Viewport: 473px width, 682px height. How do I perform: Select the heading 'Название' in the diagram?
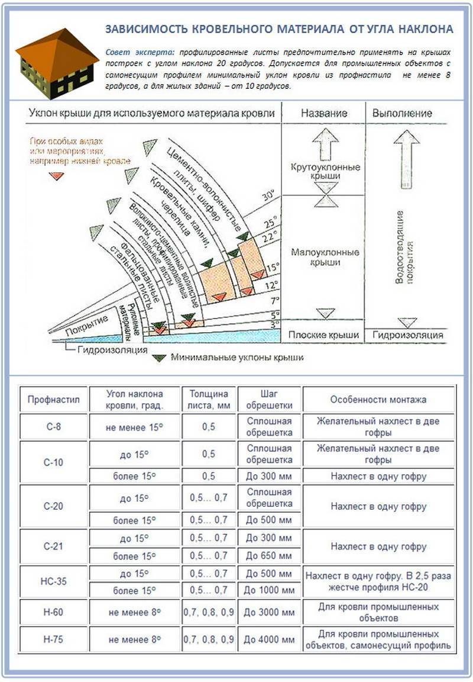323,113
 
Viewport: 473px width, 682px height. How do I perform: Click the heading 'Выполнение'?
407,113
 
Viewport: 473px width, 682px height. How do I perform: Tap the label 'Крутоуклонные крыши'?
325,173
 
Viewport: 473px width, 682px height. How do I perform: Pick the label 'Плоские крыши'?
324,335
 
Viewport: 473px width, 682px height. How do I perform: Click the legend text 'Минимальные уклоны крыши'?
237,358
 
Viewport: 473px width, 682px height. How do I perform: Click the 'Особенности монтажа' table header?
378,400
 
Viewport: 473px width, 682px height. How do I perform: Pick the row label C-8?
53,427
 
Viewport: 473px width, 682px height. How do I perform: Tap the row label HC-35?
54,581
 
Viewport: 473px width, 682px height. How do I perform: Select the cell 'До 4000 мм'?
269,640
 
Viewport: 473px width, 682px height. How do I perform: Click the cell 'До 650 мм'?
269,556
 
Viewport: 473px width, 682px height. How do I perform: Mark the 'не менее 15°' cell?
135,427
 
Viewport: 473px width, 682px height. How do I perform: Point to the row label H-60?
53,612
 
